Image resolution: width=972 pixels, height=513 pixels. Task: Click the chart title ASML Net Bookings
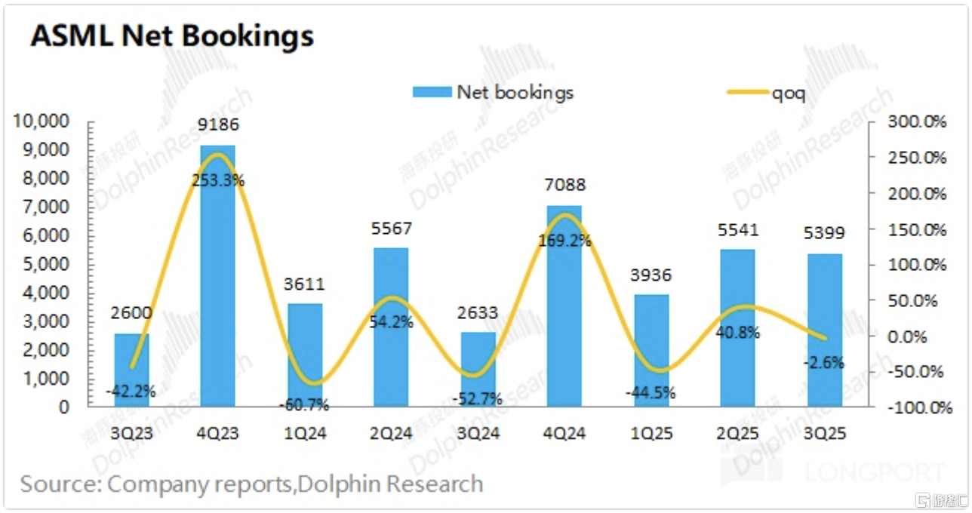pyautogui.click(x=171, y=35)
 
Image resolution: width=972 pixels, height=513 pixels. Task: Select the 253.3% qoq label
pyautogui.click(x=219, y=181)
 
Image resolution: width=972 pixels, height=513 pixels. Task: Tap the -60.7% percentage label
pyautogui.click(x=304, y=405)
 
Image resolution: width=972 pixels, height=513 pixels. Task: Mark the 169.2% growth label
pyautogui.click(x=564, y=242)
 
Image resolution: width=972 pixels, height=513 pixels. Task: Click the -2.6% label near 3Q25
pyautogui.click(x=824, y=362)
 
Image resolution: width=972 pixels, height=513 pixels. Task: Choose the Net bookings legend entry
pyautogui.click(x=494, y=92)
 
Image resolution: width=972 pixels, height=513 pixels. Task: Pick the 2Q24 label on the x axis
pyautogui.click(x=391, y=434)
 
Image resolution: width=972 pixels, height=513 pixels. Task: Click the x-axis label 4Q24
pyautogui.click(x=564, y=434)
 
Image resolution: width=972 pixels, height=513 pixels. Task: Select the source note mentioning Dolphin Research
pyautogui.click(x=251, y=484)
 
